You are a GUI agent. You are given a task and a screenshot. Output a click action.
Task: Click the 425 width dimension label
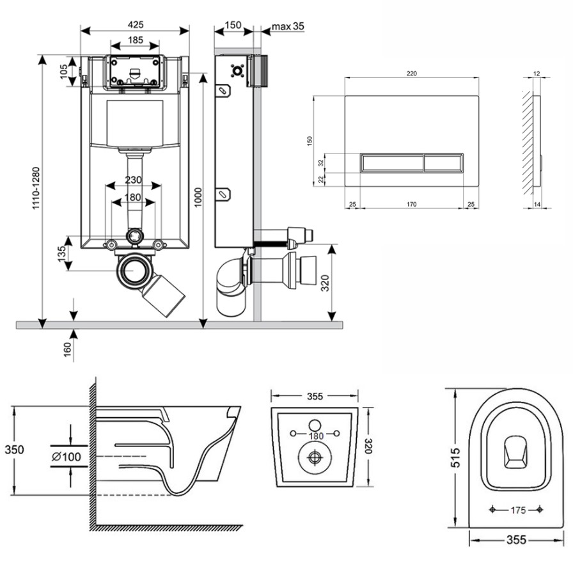[136, 24]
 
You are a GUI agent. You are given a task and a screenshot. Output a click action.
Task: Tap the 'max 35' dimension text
[288, 26]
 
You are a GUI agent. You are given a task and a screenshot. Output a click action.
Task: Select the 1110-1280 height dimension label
[36, 188]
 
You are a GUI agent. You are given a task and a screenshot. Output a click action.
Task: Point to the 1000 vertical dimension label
[198, 197]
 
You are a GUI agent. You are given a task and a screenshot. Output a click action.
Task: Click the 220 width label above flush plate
[411, 74]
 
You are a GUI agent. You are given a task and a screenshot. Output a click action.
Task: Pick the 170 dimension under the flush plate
[411, 204]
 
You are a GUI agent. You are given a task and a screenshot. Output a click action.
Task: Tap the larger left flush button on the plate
[392, 162]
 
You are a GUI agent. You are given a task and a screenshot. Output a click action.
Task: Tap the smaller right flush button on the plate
[443, 162]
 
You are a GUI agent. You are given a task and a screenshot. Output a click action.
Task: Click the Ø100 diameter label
[66, 457]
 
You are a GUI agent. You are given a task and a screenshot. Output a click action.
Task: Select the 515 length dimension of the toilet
[455, 457]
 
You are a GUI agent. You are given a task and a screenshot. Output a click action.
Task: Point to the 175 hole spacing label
[518, 510]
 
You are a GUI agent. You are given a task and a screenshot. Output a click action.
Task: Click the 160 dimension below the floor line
[68, 349]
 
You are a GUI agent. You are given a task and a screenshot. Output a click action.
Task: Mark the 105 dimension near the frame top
[64, 71]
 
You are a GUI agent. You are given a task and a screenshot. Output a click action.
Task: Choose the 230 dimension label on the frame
[133, 180]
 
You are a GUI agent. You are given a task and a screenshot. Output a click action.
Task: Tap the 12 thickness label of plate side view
[537, 74]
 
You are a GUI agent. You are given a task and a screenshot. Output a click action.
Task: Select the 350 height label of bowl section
[14, 449]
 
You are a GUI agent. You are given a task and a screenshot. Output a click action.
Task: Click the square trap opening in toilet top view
[515, 452]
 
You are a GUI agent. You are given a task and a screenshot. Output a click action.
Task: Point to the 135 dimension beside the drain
[62, 254]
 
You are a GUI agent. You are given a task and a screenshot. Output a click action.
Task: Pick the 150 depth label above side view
[233, 25]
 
